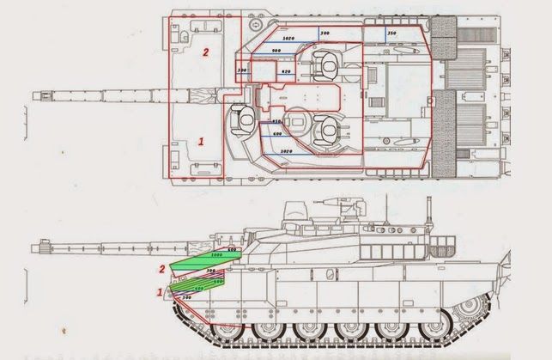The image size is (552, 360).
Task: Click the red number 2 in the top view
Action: point(204,52)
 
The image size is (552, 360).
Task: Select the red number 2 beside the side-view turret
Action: point(161,269)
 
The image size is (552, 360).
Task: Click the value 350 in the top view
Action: point(391,34)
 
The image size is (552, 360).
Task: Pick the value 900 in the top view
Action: point(276,51)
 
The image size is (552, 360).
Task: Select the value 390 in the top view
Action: point(241,70)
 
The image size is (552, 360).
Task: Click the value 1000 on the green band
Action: point(215,256)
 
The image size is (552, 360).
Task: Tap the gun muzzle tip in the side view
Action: point(36,247)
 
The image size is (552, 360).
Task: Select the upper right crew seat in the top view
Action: point(327,62)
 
